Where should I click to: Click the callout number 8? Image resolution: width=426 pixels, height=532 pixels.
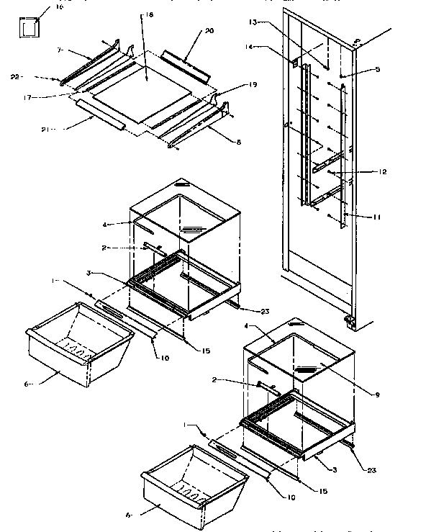(x=238, y=142)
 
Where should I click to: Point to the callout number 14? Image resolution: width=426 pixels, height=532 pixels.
(x=267, y=48)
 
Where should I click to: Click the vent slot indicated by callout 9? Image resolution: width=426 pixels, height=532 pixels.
(x=311, y=371)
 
